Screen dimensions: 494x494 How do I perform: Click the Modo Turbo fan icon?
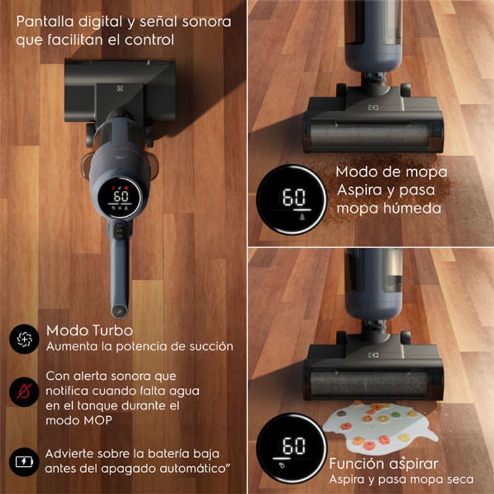point(24,339)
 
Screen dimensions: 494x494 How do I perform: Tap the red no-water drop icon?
point(24,391)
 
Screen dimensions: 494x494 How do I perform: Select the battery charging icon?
point(24,462)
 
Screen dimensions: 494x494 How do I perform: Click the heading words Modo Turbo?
point(90,331)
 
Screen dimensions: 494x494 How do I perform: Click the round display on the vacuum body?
point(120,198)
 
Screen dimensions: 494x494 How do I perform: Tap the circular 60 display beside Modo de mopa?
point(291,199)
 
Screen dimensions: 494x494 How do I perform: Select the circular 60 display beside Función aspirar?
point(291,448)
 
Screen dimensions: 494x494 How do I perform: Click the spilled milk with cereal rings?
point(378,425)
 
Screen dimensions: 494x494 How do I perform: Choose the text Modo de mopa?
point(391,172)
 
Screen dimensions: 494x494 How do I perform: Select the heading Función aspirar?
point(383,464)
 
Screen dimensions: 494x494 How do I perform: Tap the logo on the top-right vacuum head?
point(373,107)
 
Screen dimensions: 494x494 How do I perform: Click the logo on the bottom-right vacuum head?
point(373,356)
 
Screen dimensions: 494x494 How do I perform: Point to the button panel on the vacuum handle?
point(119,231)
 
